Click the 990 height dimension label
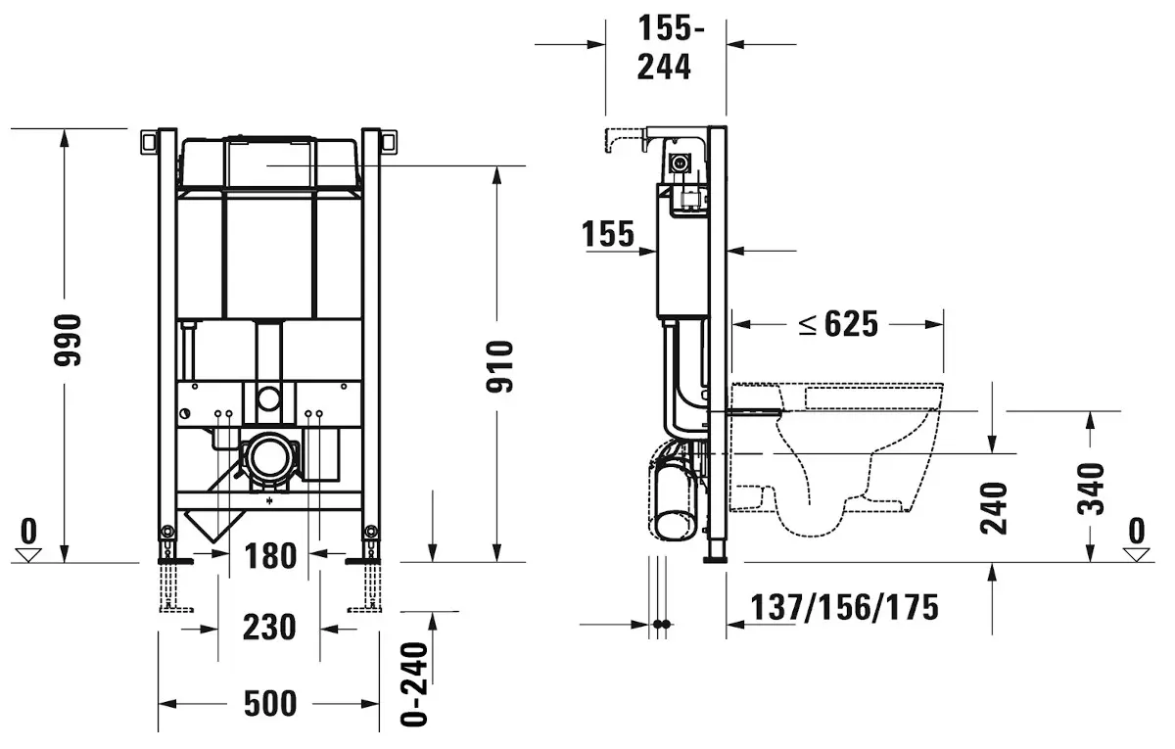click(68, 340)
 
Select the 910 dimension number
click(499, 366)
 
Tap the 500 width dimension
click(270, 704)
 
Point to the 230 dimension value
click(269, 628)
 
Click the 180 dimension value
click(270, 556)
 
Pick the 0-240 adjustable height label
click(414, 684)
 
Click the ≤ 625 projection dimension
click(838, 324)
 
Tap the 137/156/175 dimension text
click(844, 607)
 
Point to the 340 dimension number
click(1091, 489)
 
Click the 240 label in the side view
click(994, 508)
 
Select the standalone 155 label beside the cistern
click(608, 234)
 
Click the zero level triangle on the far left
click(28, 554)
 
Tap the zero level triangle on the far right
click(1136, 554)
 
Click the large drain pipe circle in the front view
click(269, 456)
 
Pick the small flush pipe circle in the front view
click(269, 398)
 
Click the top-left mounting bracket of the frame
click(150, 142)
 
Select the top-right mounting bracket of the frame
click(389, 142)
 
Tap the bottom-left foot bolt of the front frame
click(167, 532)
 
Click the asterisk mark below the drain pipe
click(269, 501)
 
